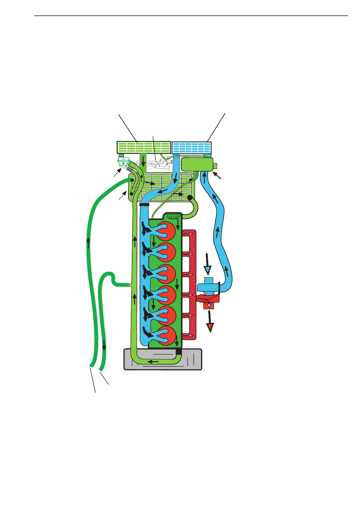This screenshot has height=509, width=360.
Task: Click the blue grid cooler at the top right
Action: pyautogui.click(x=192, y=148)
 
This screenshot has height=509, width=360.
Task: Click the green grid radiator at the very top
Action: pyautogui.click(x=144, y=147)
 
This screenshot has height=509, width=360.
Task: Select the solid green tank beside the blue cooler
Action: pyautogui.click(x=197, y=165)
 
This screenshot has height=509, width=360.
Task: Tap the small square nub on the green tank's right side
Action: pyautogui.click(x=215, y=166)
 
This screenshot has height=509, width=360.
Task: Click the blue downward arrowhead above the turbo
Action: pyautogui.click(x=208, y=270)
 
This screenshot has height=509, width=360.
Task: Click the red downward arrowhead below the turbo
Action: pyautogui.click(x=210, y=328)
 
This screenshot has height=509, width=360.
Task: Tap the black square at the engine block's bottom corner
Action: pyautogui.click(x=179, y=352)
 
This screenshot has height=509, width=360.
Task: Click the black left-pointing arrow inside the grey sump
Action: pyautogui.click(x=153, y=361)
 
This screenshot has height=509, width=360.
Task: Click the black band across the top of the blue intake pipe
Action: pyautogui.click(x=144, y=205)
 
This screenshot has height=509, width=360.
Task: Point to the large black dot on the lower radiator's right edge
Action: pyautogui.click(x=190, y=198)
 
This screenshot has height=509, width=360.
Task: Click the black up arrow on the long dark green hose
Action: pyautogui.click(x=88, y=243)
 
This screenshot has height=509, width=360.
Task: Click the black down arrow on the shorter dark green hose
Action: pyautogui.click(x=104, y=344)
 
